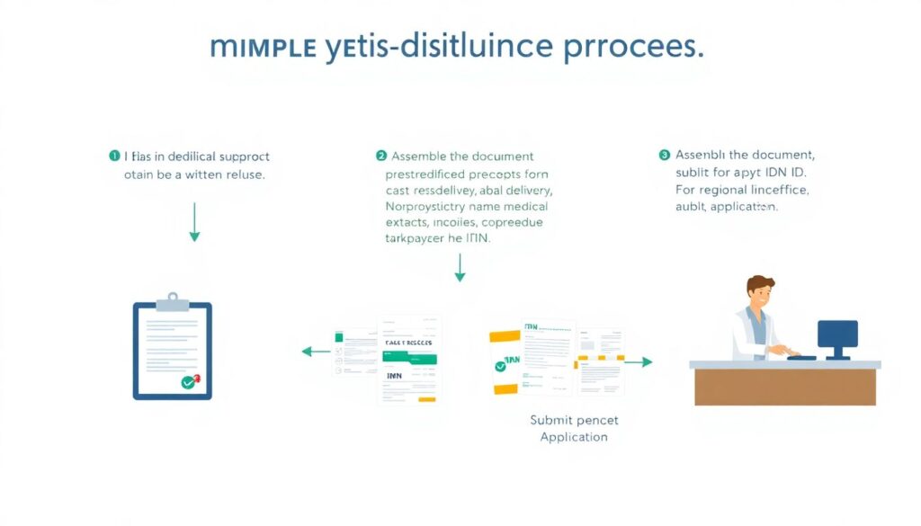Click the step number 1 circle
click(x=114, y=156)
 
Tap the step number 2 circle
click(x=380, y=156)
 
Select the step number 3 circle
click(x=665, y=155)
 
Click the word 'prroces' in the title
click(x=633, y=47)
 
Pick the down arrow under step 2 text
click(x=460, y=267)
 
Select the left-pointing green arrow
click(x=315, y=351)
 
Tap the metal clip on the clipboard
click(x=173, y=299)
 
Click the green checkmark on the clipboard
click(x=188, y=382)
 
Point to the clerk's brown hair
click(x=760, y=284)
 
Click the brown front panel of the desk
click(x=784, y=387)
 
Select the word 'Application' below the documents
click(x=574, y=437)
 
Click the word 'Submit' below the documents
click(x=550, y=420)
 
